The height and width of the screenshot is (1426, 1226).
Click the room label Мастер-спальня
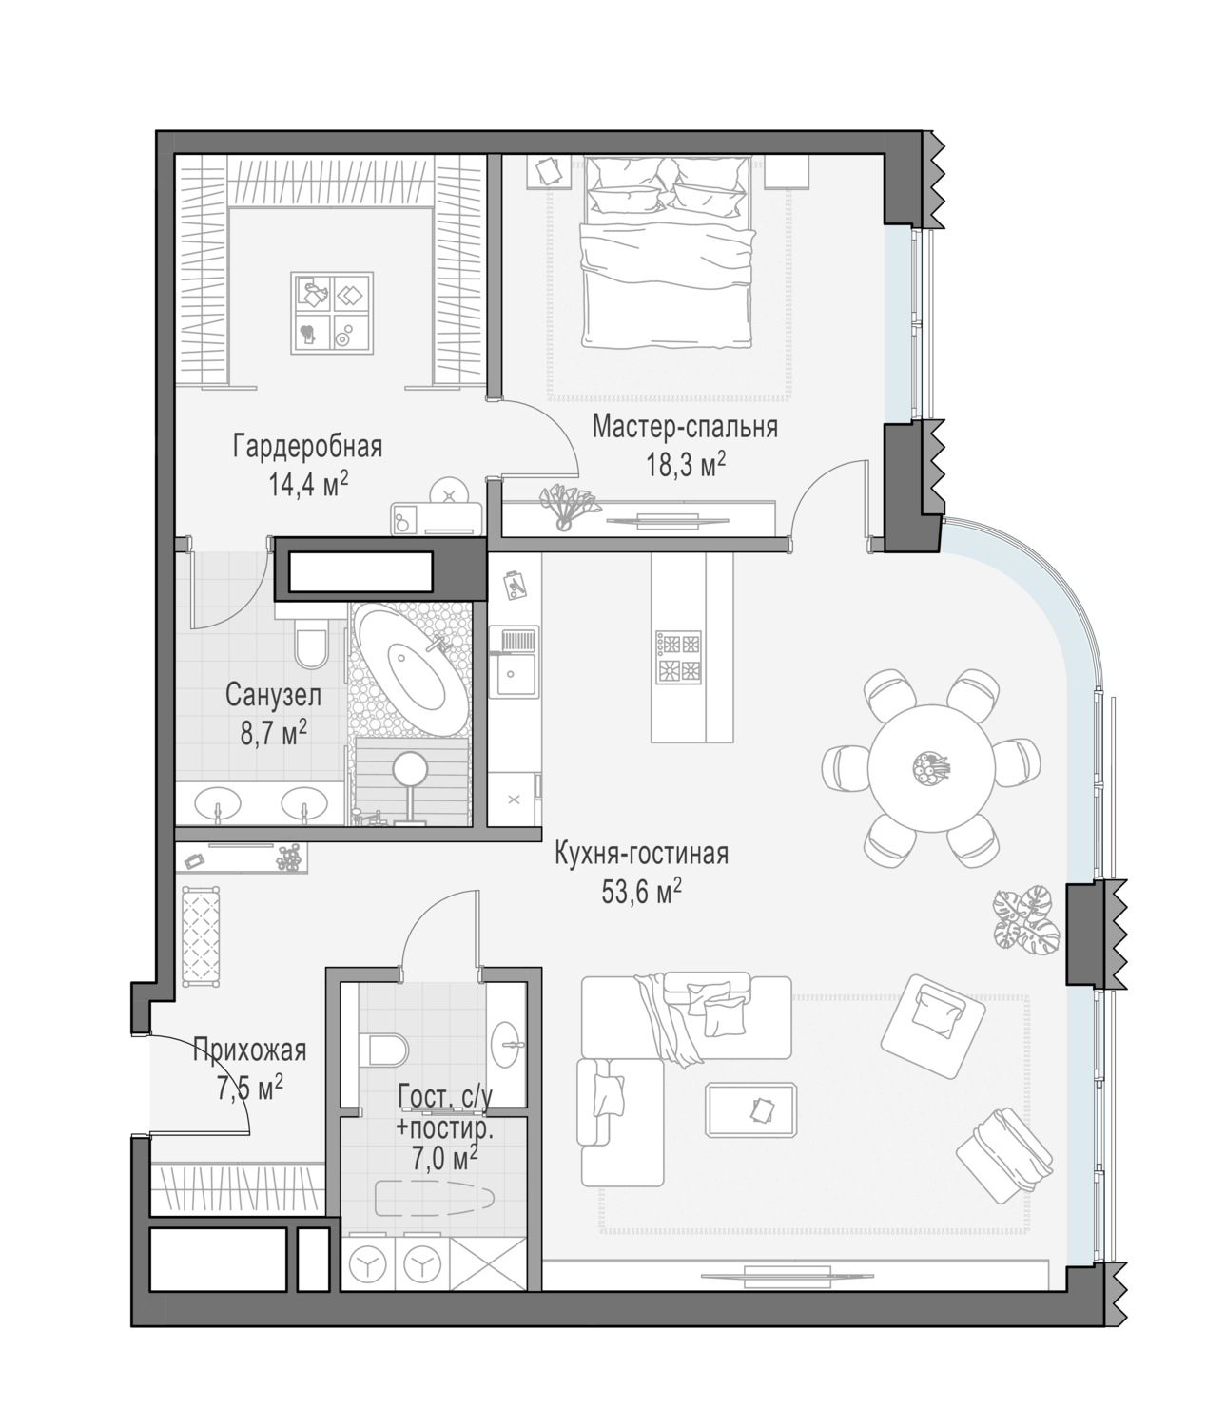click(684, 427)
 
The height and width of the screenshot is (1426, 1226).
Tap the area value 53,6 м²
click(641, 892)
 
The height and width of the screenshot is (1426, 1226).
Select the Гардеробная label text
click(308, 447)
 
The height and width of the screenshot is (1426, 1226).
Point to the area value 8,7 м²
click(274, 733)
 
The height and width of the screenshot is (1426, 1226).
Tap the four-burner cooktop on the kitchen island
click(678, 658)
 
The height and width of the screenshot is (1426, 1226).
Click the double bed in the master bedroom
click(667, 253)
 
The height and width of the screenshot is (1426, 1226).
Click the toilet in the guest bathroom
click(383, 1050)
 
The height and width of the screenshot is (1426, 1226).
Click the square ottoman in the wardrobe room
click(332, 313)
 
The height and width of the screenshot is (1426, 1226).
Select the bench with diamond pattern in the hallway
click(201, 936)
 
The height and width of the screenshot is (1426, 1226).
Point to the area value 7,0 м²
click(445, 1157)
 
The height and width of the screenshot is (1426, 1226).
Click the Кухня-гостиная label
click(641, 854)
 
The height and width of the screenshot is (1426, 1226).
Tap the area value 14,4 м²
click(308, 485)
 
